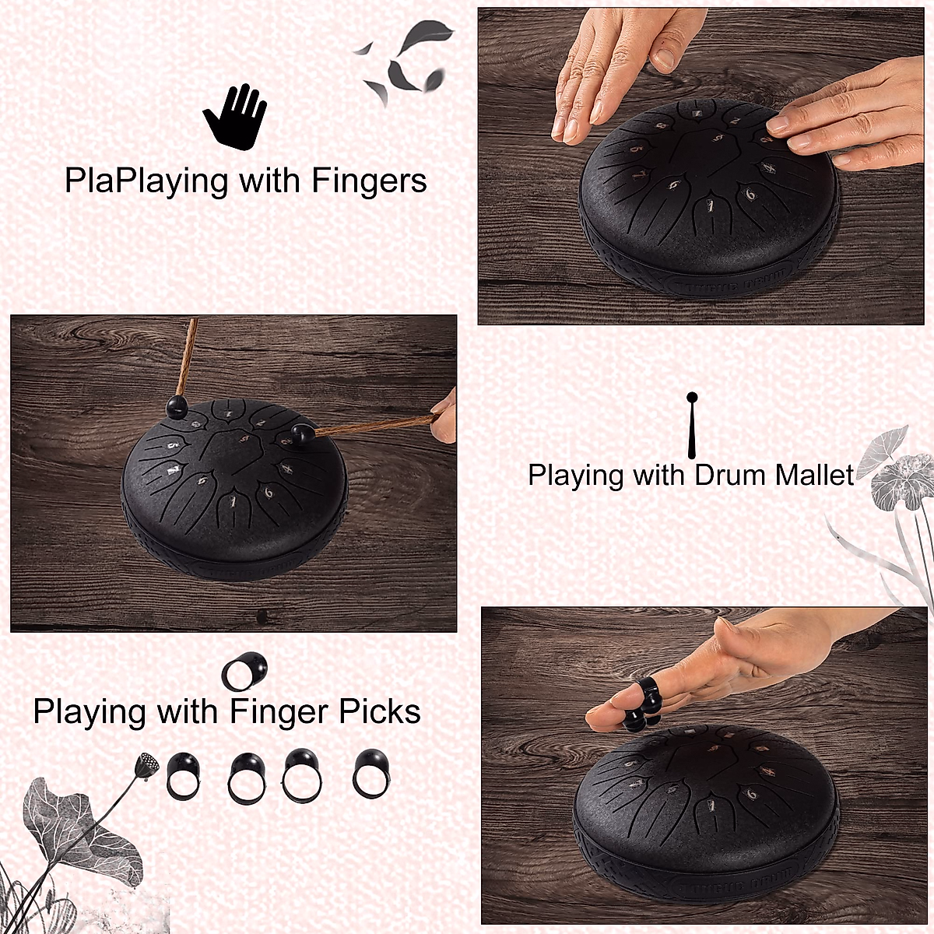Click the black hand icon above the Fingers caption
click(x=234, y=118)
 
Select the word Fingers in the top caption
click(x=369, y=181)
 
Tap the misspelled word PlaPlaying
click(x=146, y=181)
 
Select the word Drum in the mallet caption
click(x=729, y=475)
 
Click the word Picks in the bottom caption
click(x=379, y=712)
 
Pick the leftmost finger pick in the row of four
click(x=184, y=775)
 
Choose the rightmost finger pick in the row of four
click(x=371, y=774)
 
